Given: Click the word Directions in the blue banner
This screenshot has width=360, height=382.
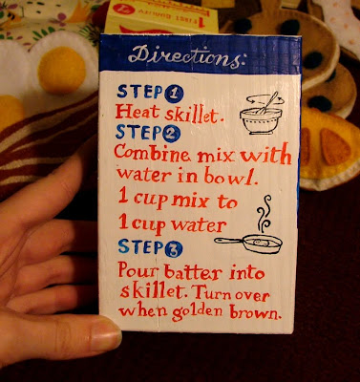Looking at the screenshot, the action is (187, 57).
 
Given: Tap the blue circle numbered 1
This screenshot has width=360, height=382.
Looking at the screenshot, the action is (174, 95).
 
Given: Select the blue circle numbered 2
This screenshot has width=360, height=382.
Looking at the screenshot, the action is (171, 134).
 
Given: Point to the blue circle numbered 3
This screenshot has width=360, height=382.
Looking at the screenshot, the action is (174, 249).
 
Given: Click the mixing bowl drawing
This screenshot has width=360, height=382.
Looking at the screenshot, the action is (261, 114).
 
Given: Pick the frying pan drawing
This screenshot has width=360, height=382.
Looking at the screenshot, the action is (249, 244).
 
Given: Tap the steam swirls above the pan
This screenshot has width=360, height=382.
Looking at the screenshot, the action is (264, 214).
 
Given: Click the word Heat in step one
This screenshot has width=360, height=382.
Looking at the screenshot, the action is (138, 113).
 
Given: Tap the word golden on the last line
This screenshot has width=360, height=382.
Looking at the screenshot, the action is (197, 312).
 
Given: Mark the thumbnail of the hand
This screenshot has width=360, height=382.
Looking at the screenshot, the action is (105, 333).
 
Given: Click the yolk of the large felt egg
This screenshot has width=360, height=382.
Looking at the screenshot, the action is (62, 70).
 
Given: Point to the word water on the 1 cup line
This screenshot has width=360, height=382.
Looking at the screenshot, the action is (198, 224).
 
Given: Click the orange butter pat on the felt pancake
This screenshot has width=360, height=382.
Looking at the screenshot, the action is (335, 147).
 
